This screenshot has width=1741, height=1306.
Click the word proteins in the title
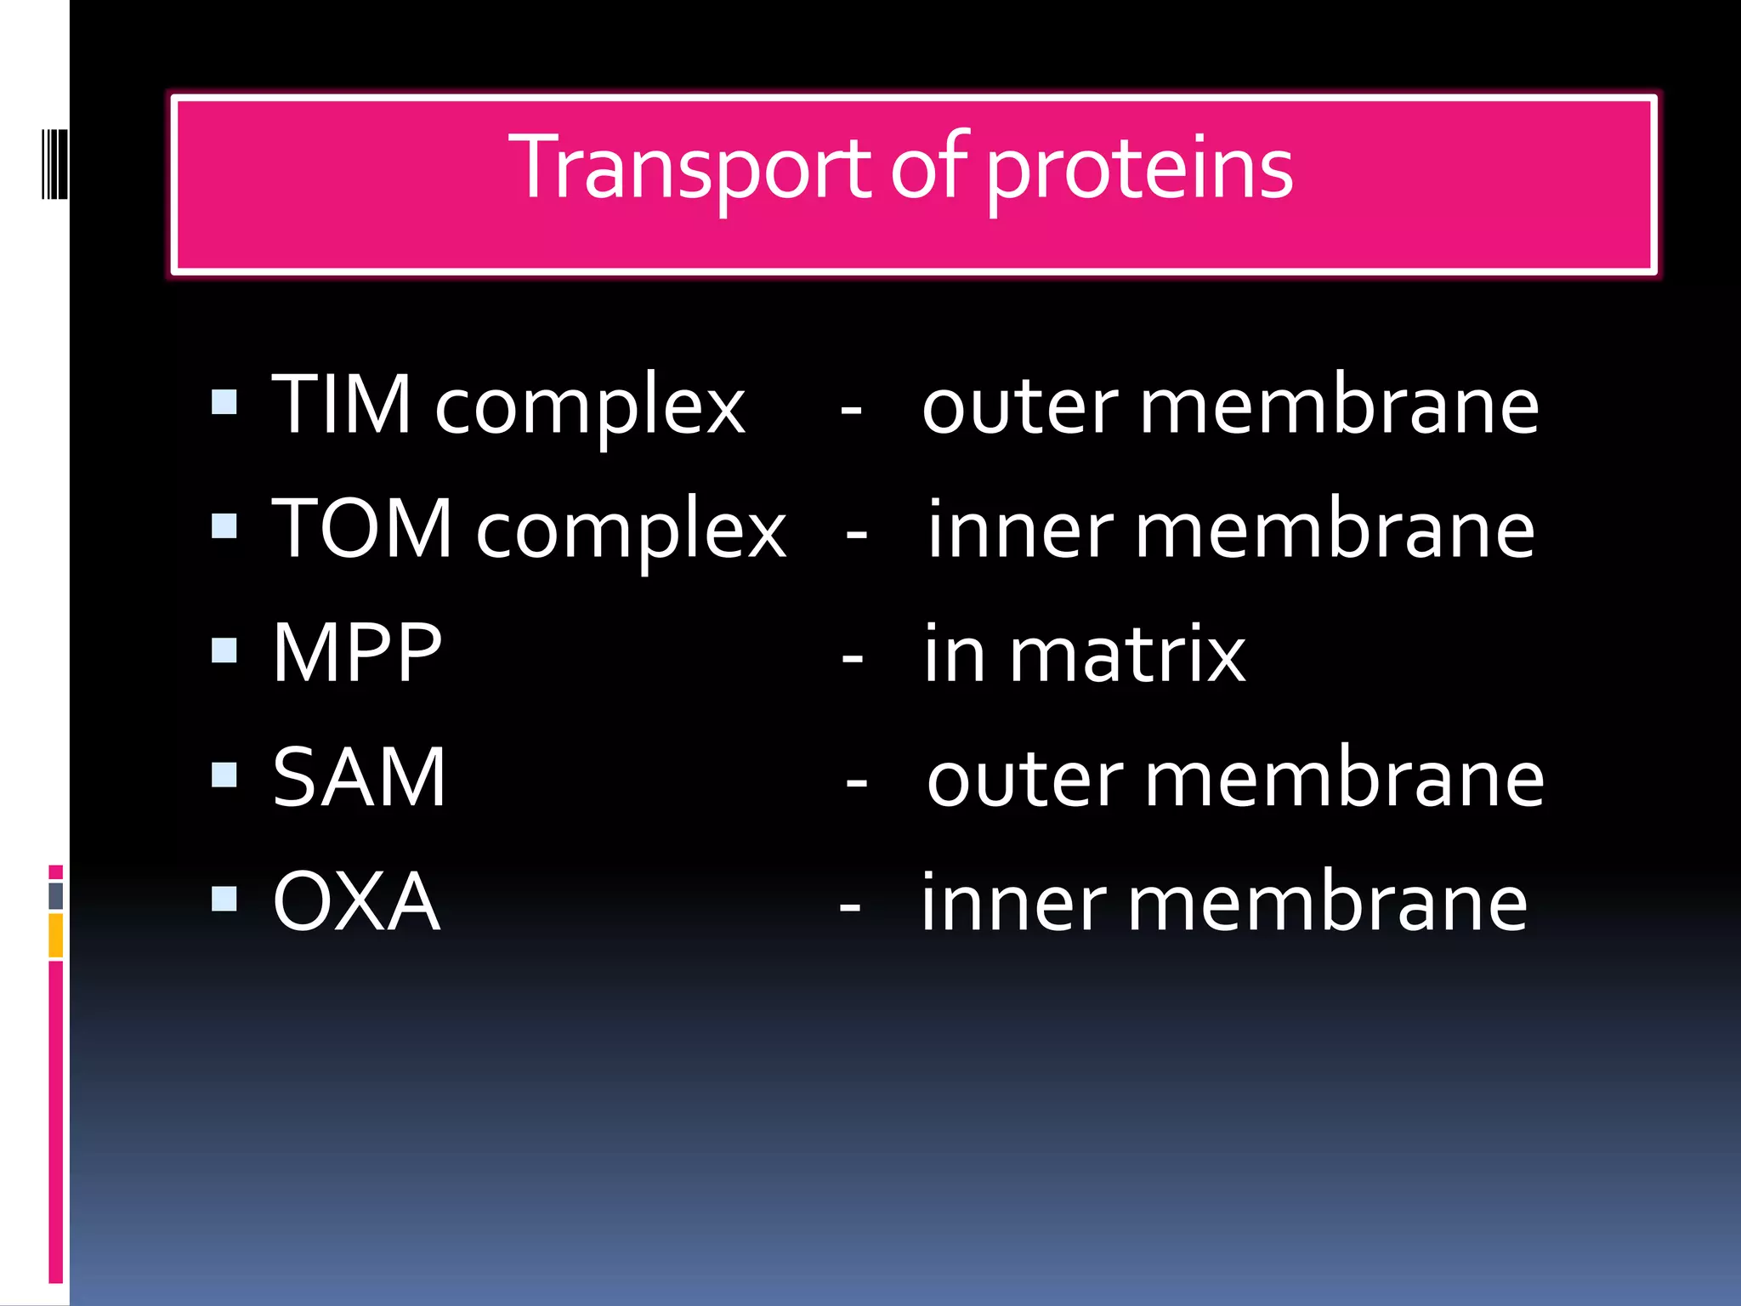[1139, 170]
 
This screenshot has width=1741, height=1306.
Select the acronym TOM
[362, 529]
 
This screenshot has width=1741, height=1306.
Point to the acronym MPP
[357, 653]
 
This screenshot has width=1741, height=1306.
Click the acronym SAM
[359, 777]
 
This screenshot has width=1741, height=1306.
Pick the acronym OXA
[356, 901]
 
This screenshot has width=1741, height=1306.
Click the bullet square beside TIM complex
[224, 401]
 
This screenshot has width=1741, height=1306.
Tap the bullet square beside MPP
[224, 650]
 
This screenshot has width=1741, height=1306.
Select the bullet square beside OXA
[224, 899]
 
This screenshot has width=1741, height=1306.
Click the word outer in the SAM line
[1025, 781]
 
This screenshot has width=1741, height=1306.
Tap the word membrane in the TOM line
[1335, 531]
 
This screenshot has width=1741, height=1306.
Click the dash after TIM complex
[851, 412]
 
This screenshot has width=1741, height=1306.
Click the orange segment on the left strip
[56, 935]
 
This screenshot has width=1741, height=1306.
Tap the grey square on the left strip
[56, 895]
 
